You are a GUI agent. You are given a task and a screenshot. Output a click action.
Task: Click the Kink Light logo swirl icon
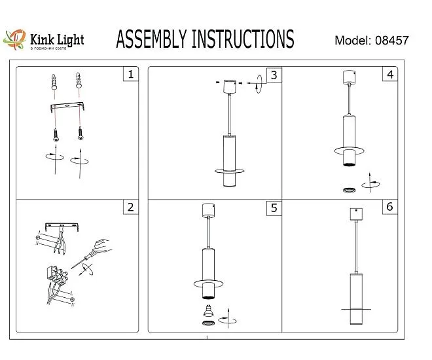pos(14,40)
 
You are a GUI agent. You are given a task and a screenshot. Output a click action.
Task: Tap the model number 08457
pos(392,40)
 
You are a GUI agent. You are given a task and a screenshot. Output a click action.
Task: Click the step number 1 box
pos(131,75)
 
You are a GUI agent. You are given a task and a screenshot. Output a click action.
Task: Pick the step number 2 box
pos(131,207)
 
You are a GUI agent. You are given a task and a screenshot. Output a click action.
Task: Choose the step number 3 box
pos(274,75)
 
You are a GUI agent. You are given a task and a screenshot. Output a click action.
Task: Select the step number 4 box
pos(390,75)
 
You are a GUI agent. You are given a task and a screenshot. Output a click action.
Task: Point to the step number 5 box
pos(273,208)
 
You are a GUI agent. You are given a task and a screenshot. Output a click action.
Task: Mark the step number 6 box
pos(390,207)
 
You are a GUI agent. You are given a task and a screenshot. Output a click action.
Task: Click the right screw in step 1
pos(81,133)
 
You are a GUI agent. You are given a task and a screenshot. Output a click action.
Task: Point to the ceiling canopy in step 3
pos(230,86)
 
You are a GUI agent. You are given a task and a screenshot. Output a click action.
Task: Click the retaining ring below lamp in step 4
pos(350,190)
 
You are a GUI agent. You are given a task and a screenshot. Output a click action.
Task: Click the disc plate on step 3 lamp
pos(230,171)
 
